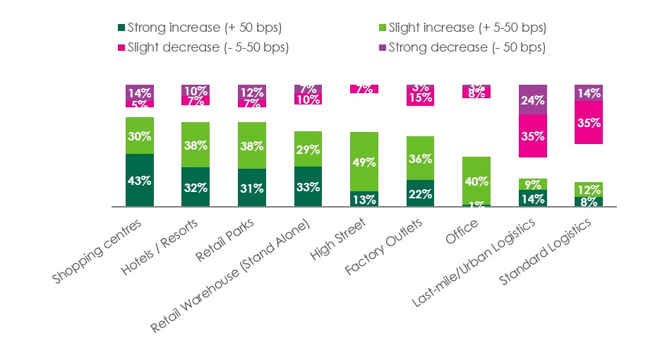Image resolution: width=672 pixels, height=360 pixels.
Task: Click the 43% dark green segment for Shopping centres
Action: (x=140, y=180)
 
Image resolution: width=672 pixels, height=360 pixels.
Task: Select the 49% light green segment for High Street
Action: (x=364, y=162)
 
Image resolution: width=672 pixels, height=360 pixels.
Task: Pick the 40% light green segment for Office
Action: (x=476, y=181)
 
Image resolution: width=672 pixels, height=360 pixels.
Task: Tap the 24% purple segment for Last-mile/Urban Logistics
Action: (x=533, y=100)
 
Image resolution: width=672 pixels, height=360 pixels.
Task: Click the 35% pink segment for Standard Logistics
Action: (x=589, y=122)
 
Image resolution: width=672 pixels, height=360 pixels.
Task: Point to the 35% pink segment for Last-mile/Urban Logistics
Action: (x=533, y=136)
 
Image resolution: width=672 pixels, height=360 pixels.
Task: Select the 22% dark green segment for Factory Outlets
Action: (x=421, y=193)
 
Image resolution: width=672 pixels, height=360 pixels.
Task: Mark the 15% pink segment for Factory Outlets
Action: (x=421, y=98)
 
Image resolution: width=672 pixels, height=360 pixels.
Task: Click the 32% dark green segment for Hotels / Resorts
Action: (x=196, y=187)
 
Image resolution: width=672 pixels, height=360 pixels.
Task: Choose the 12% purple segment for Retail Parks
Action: (x=252, y=92)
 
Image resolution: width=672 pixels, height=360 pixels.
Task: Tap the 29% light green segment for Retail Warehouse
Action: (x=308, y=149)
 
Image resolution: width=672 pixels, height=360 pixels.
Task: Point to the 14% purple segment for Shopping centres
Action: (x=140, y=92)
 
